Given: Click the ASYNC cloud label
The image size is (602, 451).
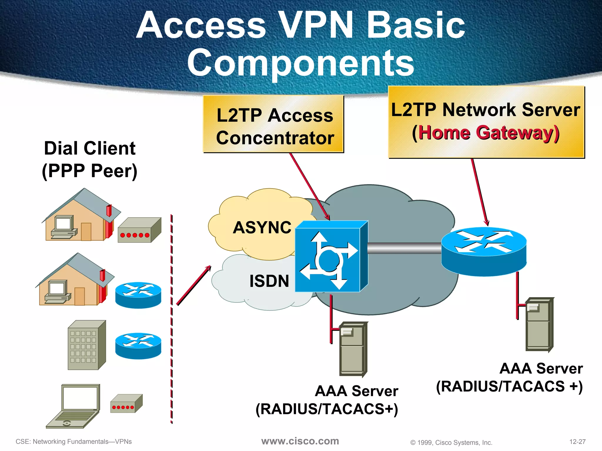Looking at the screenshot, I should pyautogui.click(x=262, y=228).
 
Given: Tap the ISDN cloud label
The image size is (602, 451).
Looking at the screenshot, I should pyautogui.click(x=269, y=281).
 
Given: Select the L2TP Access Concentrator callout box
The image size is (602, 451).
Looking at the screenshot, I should pyautogui.click(x=274, y=124).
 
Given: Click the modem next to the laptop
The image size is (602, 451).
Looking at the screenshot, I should pyautogui.click(x=126, y=404).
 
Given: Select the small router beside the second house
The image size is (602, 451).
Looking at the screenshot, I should pyautogui.click(x=138, y=295).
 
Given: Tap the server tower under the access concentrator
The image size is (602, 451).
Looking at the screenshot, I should pyautogui.click(x=353, y=349).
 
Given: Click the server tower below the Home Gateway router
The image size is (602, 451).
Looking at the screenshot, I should pyautogui.click(x=539, y=324).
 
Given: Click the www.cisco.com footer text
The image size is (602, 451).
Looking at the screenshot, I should pyautogui.click(x=300, y=441).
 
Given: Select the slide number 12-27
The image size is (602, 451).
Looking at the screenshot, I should pyautogui.click(x=577, y=442).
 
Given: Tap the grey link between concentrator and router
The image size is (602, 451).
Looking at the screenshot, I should pyautogui.click(x=404, y=248).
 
